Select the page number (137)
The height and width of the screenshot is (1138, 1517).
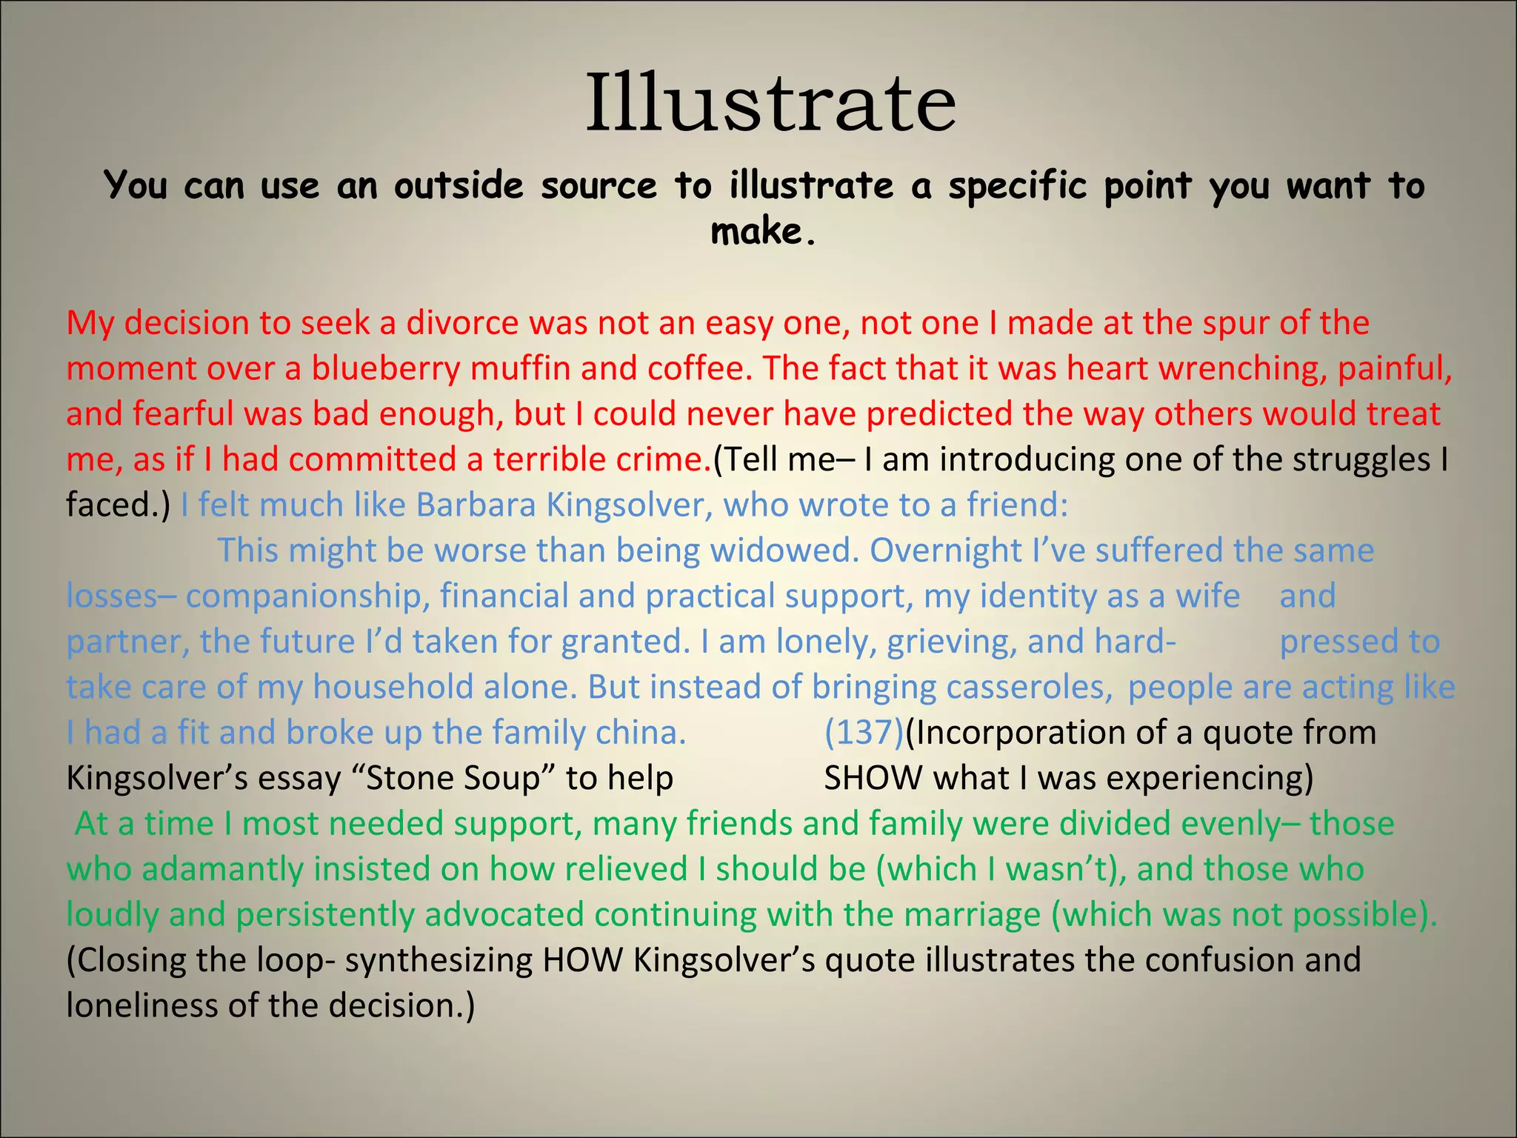[x=864, y=733]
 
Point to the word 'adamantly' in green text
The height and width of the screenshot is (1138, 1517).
[x=222, y=870]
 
